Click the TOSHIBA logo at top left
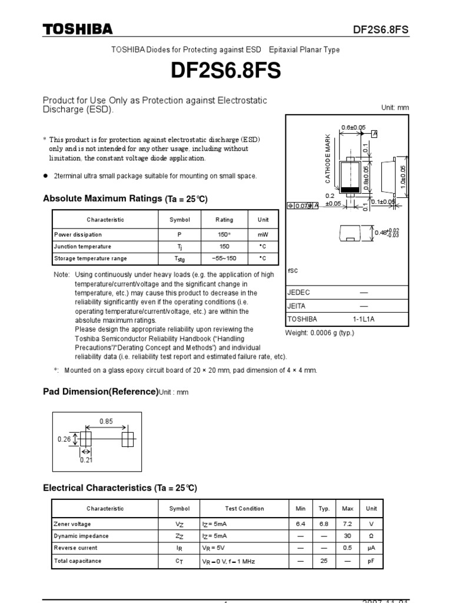[x=77, y=29]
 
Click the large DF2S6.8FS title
[x=226, y=71]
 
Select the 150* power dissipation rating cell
[x=224, y=234]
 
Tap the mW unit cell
[x=263, y=234]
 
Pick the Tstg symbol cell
[x=180, y=259]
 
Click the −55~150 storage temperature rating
[x=224, y=259]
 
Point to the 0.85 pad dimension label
[x=106, y=421]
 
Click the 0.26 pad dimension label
[x=64, y=439]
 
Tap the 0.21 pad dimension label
[x=87, y=460]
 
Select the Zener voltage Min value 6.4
[x=301, y=524]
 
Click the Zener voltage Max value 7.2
[x=348, y=524]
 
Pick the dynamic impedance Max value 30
[x=348, y=536]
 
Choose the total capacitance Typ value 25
[x=324, y=561]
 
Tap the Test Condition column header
[x=244, y=509]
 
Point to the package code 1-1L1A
[x=363, y=319]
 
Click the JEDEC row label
[x=298, y=293]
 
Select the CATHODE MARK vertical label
[x=328, y=157]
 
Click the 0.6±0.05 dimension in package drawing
[x=353, y=127]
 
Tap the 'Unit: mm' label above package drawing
[x=395, y=108]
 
